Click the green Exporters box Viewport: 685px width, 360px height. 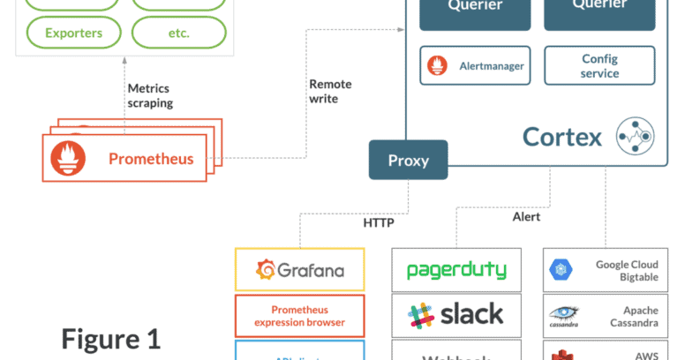click(74, 34)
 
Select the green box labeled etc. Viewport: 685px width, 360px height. click(178, 34)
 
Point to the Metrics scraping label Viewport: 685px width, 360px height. click(150, 95)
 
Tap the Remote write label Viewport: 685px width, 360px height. click(330, 91)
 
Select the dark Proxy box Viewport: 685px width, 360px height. click(408, 161)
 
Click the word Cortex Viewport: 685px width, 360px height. click(562, 137)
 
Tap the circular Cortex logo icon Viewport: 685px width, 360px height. click(636, 136)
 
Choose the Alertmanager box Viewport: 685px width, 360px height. click(475, 65)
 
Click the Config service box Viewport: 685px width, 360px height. click(599, 65)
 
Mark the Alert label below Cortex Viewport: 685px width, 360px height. click(527, 216)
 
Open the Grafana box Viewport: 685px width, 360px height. click(299, 269)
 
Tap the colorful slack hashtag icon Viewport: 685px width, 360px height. click(420, 314)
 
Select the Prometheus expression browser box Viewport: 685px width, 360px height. click(299, 315)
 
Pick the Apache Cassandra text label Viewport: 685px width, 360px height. click(628, 316)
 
